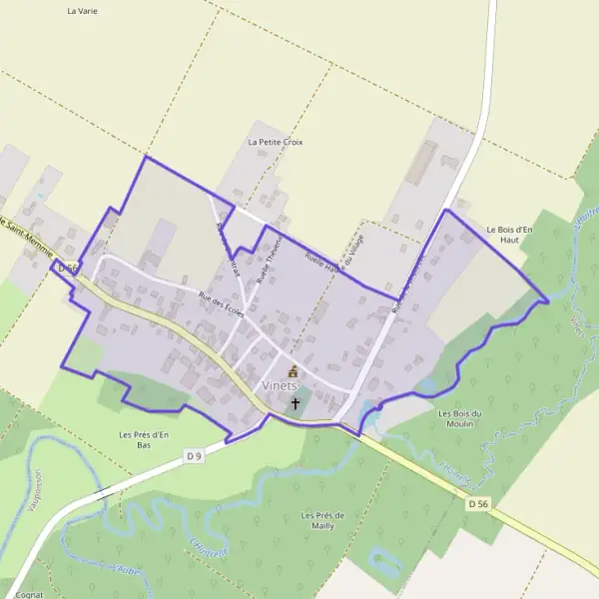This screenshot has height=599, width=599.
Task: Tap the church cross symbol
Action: coord(296,403)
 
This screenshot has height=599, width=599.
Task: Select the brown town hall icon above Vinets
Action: coord(293,371)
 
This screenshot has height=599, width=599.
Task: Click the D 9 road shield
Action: coord(194,456)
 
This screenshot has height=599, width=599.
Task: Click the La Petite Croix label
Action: coord(275,142)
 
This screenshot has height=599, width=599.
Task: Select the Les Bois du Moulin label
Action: coord(460,418)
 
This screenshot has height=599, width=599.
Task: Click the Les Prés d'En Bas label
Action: coord(144,439)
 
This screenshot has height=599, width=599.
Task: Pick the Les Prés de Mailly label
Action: coord(322,520)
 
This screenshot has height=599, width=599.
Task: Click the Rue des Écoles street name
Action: coord(222,303)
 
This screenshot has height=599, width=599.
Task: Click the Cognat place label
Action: coord(30,593)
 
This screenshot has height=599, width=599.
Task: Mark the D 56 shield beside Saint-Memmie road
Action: coord(67,268)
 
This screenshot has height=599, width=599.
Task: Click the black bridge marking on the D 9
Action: coord(101,493)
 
